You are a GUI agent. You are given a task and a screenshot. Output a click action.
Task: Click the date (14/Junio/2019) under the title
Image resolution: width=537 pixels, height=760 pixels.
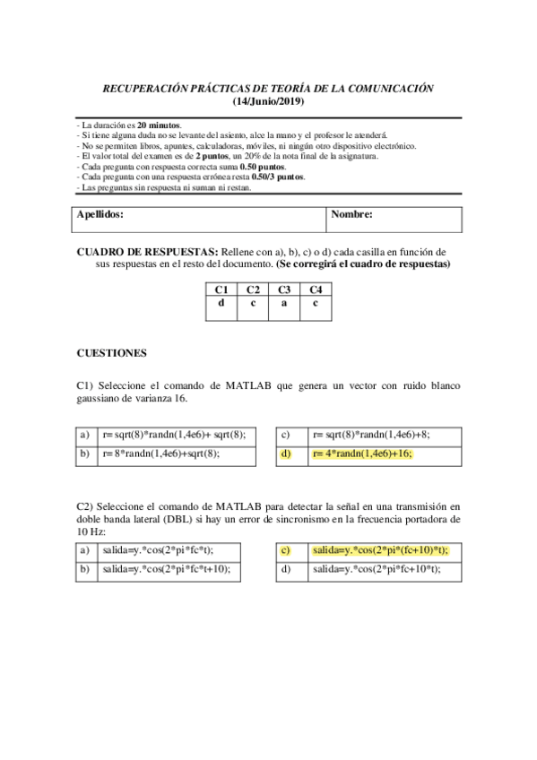click(x=269, y=103)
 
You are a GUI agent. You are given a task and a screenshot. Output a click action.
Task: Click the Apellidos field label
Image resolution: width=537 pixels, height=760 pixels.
click(x=100, y=215)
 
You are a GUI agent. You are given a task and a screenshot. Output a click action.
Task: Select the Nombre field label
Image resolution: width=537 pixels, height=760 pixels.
click(x=352, y=215)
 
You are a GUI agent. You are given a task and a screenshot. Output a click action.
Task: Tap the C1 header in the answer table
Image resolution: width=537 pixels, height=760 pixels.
click(x=221, y=289)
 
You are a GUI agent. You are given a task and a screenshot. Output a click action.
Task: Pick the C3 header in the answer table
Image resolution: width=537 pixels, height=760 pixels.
click(x=284, y=289)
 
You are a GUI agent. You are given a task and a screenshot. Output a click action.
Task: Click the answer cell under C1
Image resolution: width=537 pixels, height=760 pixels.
click(x=221, y=303)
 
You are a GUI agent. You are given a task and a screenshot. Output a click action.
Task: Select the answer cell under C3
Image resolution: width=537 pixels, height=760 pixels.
click(x=284, y=303)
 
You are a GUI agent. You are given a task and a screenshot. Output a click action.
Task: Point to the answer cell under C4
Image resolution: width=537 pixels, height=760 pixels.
click(x=316, y=303)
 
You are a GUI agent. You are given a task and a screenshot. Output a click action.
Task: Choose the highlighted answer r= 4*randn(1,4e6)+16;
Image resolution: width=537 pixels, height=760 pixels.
click(x=362, y=454)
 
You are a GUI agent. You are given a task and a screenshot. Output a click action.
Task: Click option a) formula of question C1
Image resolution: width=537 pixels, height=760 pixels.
click(x=175, y=434)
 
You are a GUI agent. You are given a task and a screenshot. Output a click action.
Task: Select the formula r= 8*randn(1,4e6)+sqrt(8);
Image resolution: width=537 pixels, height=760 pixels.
click(x=161, y=454)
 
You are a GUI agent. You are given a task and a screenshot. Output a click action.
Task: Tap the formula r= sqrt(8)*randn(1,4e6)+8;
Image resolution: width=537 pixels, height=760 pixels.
click(x=370, y=434)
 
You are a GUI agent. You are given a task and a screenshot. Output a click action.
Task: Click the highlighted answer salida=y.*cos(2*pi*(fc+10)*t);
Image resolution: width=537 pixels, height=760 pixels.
click(x=380, y=550)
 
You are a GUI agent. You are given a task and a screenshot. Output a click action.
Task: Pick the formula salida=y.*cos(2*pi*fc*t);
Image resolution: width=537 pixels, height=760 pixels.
click(x=159, y=550)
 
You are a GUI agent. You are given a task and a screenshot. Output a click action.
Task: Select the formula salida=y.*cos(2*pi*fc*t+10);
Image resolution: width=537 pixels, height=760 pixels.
click(x=166, y=568)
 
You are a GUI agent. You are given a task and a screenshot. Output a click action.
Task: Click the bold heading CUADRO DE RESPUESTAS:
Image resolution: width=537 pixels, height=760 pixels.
click(x=143, y=253)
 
